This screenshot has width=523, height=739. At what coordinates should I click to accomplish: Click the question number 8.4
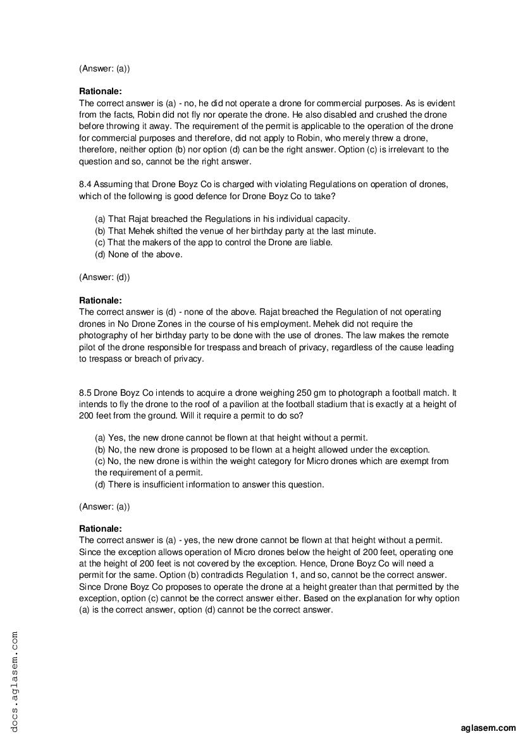pyautogui.click(x=85, y=184)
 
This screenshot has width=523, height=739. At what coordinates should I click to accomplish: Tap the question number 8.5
pyautogui.click(x=85, y=392)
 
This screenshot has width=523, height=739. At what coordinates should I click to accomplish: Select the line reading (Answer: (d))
pyautogui.click(x=104, y=277)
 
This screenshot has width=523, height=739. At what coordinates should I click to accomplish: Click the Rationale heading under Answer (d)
pyautogui.click(x=101, y=300)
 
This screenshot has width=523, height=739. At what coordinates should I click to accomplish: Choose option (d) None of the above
pyautogui.click(x=138, y=255)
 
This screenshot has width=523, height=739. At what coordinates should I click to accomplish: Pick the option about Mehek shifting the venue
pyautogui.click(x=235, y=231)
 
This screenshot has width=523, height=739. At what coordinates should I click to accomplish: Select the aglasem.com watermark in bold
pyautogui.click(x=489, y=728)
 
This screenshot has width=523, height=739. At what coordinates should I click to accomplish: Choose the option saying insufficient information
pyautogui.click(x=209, y=485)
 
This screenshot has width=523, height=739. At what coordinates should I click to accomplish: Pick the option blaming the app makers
pyautogui.click(x=213, y=243)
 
